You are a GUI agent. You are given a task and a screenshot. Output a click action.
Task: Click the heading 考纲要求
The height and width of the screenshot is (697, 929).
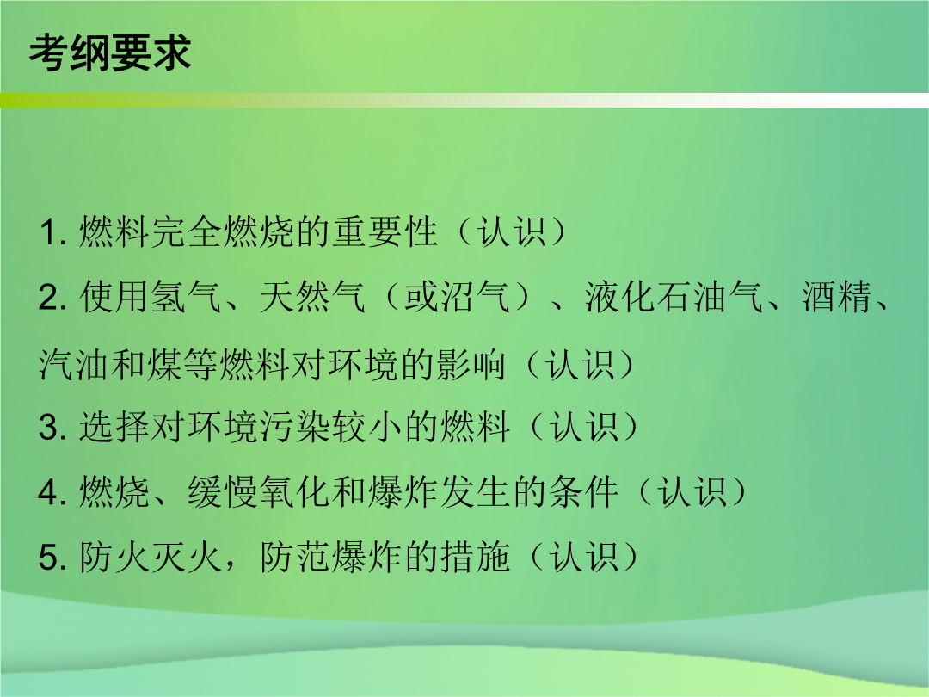110,53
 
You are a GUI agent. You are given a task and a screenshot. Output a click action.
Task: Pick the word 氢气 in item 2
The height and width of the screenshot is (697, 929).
187,297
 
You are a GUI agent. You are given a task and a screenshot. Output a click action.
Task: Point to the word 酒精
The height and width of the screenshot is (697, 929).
837,297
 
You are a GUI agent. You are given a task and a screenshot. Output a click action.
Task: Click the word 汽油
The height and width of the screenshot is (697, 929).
73,364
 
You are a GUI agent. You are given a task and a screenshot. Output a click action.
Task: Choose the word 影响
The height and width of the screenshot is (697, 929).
471,364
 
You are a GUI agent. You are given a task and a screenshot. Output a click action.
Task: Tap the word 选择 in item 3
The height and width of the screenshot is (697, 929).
114,428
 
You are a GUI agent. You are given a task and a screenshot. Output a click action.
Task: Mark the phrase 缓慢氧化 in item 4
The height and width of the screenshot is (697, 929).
259,492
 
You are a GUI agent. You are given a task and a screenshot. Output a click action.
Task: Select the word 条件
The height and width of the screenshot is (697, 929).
583,492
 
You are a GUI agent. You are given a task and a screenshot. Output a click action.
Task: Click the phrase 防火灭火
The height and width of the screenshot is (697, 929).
151,558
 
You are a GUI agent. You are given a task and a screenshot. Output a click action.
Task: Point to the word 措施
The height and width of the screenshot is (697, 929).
475,558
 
